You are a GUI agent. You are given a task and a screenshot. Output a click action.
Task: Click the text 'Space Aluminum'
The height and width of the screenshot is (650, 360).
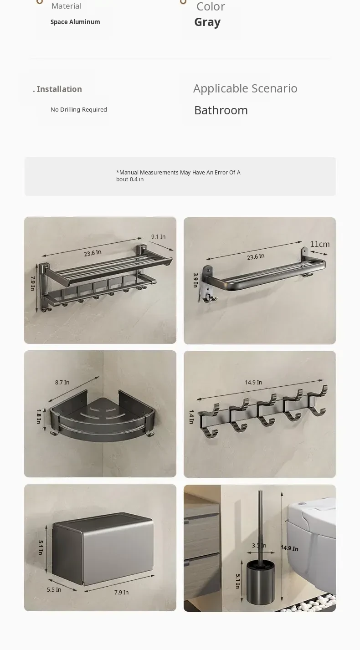click(x=75, y=22)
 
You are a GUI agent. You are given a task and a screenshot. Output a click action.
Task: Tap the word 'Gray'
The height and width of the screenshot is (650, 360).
click(x=207, y=22)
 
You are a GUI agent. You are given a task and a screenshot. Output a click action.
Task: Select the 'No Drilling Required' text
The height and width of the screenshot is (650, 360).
click(x=79, y=110)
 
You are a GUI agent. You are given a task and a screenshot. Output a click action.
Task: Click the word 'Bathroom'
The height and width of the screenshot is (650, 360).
click(x=221, y=110)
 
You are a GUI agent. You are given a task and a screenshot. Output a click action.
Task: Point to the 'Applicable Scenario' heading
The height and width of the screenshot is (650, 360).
click(x=245, y=88)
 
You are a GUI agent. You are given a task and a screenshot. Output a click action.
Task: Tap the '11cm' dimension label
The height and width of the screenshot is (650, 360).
click(x=320, y=244)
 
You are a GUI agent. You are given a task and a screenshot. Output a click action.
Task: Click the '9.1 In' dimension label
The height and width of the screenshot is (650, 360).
click(x=158, y=237)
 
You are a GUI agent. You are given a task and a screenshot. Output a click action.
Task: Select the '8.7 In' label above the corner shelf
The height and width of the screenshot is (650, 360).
click(x=62, y=383)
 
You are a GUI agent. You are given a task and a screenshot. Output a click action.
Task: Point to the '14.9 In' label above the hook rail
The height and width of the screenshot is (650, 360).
click(x=253, y=383)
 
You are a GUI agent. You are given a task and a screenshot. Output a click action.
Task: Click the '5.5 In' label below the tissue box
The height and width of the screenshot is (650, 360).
click(x=54, y=589)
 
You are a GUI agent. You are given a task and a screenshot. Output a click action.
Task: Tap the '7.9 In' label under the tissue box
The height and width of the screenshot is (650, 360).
click(x=121, y=592)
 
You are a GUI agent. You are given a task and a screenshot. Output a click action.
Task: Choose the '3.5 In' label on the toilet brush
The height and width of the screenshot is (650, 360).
click(x=259, y=546)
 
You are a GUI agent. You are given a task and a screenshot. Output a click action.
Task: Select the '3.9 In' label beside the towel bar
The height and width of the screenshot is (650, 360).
click(x=195, y=280)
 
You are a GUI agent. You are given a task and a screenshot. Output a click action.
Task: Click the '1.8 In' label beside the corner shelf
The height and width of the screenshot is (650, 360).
click(x=39, y=416)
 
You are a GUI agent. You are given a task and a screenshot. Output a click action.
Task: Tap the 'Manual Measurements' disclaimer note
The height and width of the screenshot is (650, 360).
click(x=178, y=176)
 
